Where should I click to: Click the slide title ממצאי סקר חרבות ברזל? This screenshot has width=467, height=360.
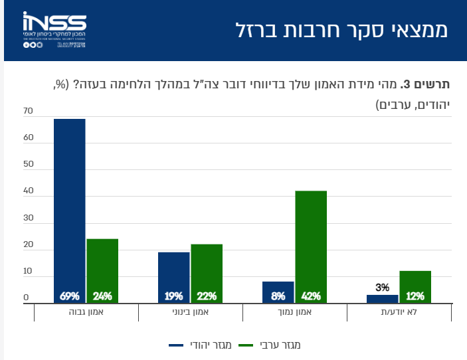(341, 30)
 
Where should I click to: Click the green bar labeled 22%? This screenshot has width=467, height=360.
(207, 273)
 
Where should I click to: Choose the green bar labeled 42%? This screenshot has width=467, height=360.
(311, 246)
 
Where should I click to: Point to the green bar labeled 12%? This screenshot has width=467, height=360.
(415, 286)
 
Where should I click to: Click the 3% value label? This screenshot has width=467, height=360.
(382, 288)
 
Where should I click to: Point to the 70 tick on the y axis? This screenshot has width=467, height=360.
(27, 111)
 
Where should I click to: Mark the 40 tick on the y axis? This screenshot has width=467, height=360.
(27, 191)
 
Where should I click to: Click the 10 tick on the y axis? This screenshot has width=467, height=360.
(27, 272)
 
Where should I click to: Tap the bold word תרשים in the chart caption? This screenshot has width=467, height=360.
(435, 84)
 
